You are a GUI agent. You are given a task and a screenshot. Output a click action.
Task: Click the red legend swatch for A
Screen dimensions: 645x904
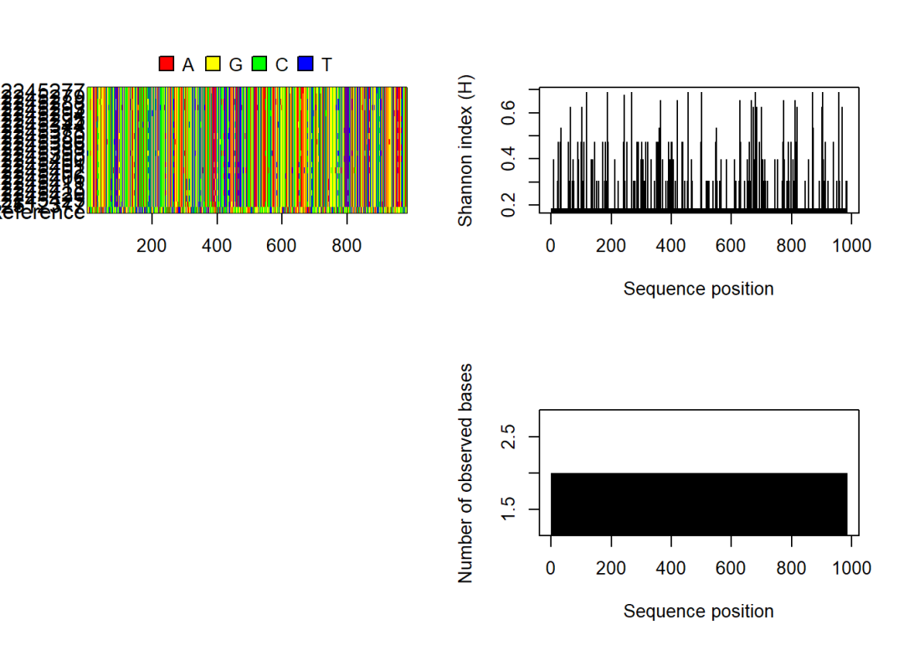click(x=167, y=64)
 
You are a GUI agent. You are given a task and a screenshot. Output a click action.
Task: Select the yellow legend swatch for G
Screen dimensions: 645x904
click(x=213, y=64)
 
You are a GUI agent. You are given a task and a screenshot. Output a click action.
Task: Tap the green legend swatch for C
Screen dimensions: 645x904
click(x=259, y=64)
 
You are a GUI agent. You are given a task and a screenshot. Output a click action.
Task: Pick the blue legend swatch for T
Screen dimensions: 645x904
click(x=306, y=64)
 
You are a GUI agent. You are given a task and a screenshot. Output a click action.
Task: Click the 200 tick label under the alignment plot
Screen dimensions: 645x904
click(x=152, y=246)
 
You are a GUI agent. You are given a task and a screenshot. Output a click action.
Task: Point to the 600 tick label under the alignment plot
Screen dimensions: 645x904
click(x=282, y=246)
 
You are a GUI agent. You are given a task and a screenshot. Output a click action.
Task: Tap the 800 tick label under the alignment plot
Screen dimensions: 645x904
click(x=347, y=246)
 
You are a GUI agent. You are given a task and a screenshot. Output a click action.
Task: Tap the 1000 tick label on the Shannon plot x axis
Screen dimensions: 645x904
click(x=852, y=246)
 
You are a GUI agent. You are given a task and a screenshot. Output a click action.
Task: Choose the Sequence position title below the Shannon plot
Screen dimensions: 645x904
click(x=698, y=289)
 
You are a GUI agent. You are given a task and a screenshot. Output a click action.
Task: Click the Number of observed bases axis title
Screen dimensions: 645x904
click(x=466, y=473)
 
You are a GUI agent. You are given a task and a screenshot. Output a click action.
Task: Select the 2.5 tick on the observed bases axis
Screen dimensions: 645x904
click(x=507, y=437)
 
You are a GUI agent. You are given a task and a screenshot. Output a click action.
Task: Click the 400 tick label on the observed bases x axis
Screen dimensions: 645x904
click(x=671, y=569)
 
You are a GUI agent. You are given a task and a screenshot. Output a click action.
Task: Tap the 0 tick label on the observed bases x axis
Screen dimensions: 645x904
click(x=551, y=569)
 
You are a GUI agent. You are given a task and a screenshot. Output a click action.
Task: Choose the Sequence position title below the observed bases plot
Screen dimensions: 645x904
click(x=698, y=612)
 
